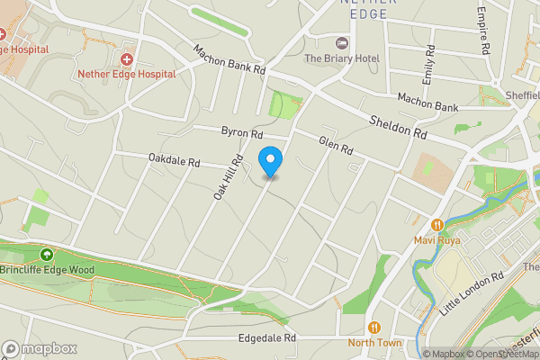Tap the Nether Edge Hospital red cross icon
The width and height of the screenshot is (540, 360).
126,59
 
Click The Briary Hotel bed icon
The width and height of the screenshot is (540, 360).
341,43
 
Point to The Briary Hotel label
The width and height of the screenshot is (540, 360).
341,58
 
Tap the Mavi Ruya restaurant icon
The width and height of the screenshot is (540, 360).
436,225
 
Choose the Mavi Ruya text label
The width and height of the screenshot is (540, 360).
436,240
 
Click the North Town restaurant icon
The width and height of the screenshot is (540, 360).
375,328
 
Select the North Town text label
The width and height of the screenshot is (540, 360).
375,343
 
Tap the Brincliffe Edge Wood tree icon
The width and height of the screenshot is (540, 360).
46,254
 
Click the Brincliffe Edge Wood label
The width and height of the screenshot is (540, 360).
46,269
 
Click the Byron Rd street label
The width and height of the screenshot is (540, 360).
241,132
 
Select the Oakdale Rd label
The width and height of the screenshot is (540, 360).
175,161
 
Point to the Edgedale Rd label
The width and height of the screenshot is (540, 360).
266,338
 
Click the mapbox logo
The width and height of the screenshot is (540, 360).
39,348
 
